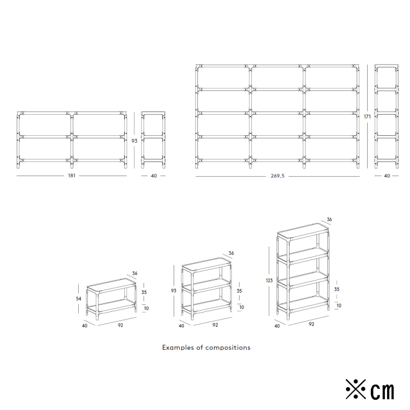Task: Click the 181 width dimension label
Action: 72,176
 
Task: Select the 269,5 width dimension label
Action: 277,176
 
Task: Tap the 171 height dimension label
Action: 367,117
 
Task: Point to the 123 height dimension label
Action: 269,281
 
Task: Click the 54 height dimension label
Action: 78,299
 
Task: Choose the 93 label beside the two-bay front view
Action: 134,141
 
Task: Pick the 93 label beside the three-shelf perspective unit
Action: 174,290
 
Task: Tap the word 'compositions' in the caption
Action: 228,347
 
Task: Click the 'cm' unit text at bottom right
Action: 382,390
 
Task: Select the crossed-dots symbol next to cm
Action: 356,389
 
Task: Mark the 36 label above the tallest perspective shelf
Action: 329,219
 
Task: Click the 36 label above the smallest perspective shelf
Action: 135,274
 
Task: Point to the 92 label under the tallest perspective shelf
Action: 311,324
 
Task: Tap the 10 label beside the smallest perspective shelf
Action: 147,308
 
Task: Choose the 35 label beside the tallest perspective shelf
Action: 337,289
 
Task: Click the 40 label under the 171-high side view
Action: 387,176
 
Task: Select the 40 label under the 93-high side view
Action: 154,176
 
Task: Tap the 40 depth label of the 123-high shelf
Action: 277,326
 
